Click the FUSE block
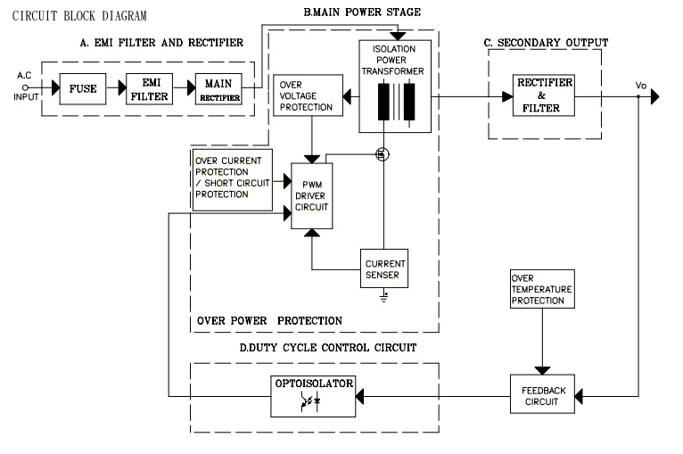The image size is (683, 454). click(83, 89)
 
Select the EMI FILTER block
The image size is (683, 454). click(150, 89)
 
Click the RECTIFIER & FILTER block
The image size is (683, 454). click(545, 95)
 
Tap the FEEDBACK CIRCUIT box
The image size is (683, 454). click(543, 392)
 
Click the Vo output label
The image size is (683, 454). click(640, 85)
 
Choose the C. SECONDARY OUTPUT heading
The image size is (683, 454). click(546, 42)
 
